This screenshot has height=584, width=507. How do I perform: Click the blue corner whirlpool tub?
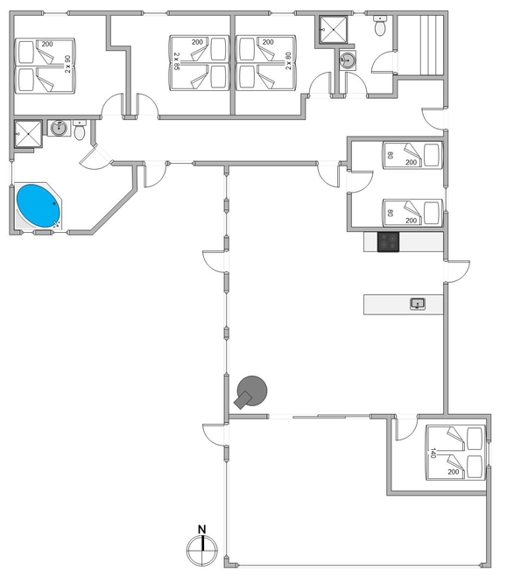39,206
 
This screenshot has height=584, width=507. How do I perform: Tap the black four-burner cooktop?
388,242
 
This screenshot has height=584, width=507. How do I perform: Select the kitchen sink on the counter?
418,304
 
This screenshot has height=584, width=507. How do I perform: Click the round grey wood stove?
250,392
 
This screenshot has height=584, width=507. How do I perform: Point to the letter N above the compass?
201,529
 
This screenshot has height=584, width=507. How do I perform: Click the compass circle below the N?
202,551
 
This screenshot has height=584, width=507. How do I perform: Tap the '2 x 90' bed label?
67,64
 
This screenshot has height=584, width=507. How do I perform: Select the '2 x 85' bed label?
177,61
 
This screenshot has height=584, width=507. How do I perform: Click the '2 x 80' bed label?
288,60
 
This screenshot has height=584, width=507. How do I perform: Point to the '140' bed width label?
433,453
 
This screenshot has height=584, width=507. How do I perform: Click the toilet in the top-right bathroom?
380,25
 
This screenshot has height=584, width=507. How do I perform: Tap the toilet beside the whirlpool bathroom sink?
80,130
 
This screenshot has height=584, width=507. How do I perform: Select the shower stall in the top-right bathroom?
334,30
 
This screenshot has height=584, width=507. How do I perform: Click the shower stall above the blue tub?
28,134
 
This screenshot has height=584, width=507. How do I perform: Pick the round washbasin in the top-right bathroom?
348,60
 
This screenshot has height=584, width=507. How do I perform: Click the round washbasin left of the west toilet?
59,128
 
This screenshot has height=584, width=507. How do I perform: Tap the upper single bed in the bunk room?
412,155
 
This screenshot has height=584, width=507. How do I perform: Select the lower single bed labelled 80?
412,213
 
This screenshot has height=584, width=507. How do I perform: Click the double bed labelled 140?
456,453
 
